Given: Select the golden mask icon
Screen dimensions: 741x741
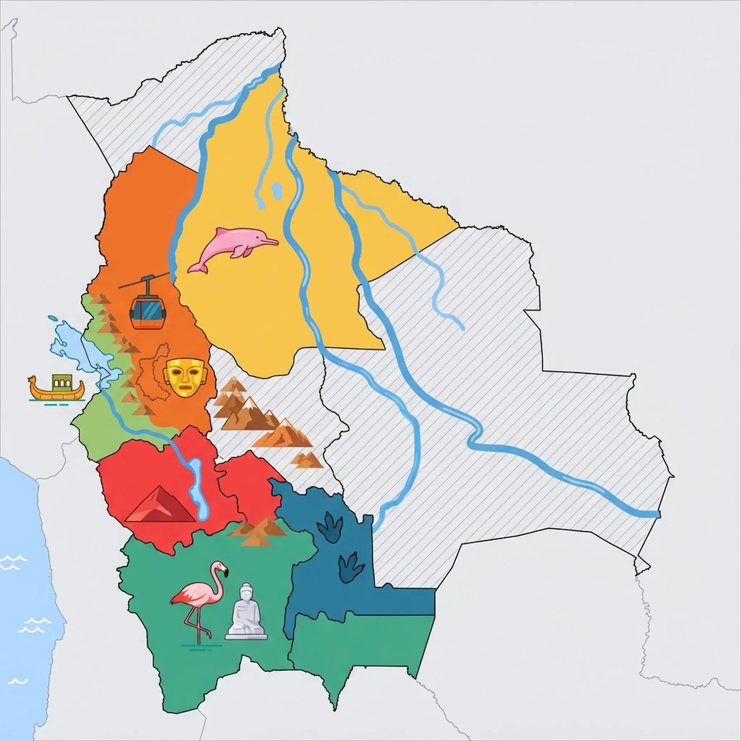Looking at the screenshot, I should [x=185, y=378].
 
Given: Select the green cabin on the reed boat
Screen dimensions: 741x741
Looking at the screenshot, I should [x=59, y=381].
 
